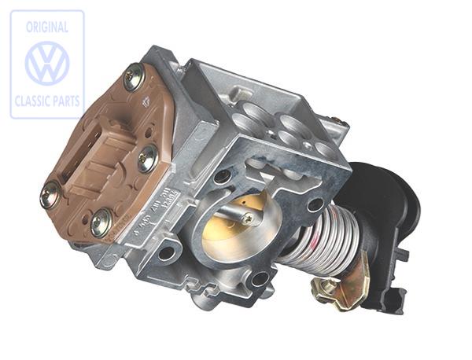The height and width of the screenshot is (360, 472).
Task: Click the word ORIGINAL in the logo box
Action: tap(46, 27)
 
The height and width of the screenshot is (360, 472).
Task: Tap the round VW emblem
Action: tap(47, 64)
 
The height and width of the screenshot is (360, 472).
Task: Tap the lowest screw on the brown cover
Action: tap(100, 224)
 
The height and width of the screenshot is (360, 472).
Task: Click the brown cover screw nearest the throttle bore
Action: tap(147, 159)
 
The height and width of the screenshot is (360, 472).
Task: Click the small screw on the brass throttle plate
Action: tap(247, 219)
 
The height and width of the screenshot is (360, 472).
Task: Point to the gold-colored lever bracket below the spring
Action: tap(342, 287)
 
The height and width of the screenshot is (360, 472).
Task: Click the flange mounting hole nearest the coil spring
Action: tap(315, 205)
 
